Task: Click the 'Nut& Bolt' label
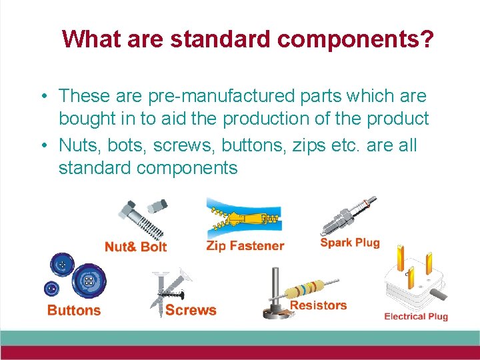tap(135, 247)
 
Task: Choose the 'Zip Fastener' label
tap(245, 246)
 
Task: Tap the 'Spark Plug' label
tap(349, 242)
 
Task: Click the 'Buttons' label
tap(74, 310)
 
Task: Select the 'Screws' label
tap(191, 310)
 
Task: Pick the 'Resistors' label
tap(318, 305)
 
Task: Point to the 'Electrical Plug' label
tap(415, 316)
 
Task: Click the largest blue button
tap(86, 282)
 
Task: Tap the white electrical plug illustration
tap(411, 280)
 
